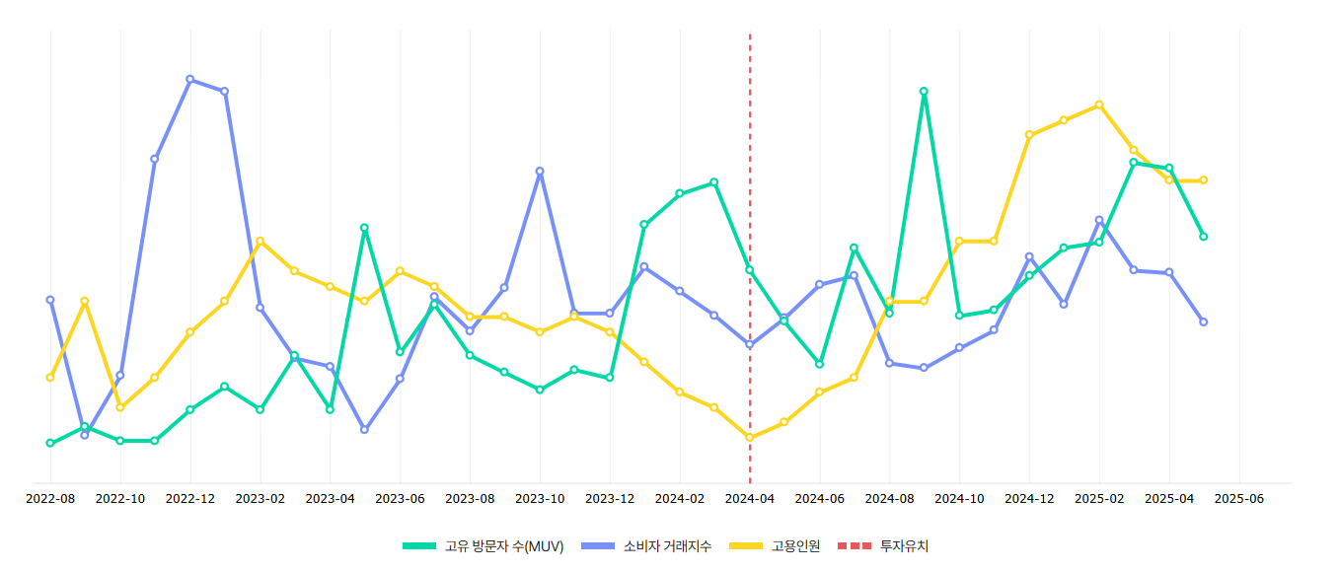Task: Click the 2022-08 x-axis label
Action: pos(50,499)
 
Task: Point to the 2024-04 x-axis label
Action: pos(750,499)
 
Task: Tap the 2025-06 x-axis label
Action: pos(1239,499)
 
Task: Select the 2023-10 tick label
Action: pos(540,499)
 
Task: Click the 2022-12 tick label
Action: pos(190,499)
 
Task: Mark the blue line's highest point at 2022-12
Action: pos(190,79)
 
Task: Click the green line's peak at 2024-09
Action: pos(925,92)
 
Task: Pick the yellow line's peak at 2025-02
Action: pos(1099,105)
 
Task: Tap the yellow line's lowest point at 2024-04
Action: pos(750,437)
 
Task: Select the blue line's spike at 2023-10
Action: pos(540,172)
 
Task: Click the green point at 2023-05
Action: pos(365,228)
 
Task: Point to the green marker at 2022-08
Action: pos(50,443)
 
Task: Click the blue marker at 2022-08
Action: pos(50,300)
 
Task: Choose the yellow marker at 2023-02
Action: pos(261,241)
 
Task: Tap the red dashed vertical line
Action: pos(750,148)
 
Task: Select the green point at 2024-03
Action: pos(714,182)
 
